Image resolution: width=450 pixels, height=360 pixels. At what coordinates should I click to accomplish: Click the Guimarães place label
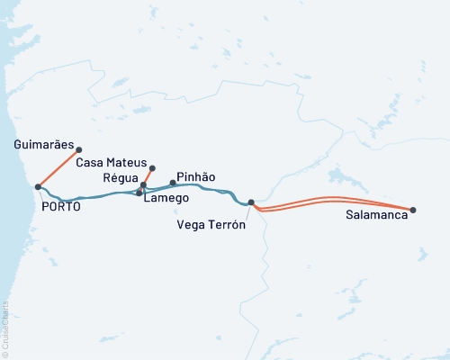click(x=44, y=143)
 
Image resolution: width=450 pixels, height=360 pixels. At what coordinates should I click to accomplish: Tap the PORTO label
click(x=61, y=206)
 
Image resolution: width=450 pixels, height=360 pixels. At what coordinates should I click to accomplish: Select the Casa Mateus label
click(x=111, y=163)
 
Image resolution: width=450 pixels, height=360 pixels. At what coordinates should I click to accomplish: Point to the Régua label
click(x=120, y=177)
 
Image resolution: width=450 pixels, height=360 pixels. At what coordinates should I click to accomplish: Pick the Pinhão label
click(x=196, y=177)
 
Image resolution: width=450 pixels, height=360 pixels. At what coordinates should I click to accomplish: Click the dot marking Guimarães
click(x=79, y=149)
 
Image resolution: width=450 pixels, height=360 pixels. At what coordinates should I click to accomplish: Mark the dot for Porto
click(x=38, y=187)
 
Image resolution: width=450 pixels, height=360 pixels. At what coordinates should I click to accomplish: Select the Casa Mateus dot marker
click(x=153, y=167)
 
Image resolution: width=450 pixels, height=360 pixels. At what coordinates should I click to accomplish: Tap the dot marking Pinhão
click(x=173, y=183)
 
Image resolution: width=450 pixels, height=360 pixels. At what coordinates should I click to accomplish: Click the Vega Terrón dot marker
click(x=251, y=202)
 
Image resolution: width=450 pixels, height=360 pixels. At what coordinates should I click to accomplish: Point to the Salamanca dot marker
click(x=413, y=210)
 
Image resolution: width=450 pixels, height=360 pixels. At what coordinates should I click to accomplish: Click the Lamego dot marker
click(x=139, y=193)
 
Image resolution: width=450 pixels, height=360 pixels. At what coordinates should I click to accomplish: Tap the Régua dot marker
click(x=143, y=184)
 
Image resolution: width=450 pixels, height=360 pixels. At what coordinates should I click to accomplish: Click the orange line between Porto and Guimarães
click(x=58, y=168)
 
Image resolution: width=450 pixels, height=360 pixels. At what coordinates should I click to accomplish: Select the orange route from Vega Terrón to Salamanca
click(x=333, y=199)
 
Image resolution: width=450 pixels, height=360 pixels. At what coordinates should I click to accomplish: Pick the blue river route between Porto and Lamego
click(x=90, y=197)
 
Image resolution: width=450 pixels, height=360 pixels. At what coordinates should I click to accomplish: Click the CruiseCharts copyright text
click(x=5, y=329)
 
